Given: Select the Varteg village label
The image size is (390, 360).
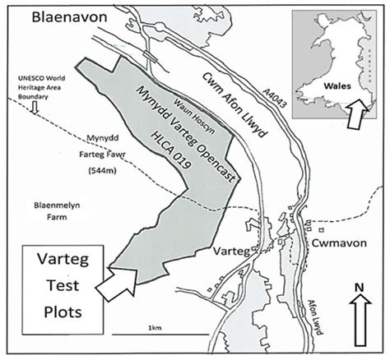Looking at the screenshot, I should tap(231, 248).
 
